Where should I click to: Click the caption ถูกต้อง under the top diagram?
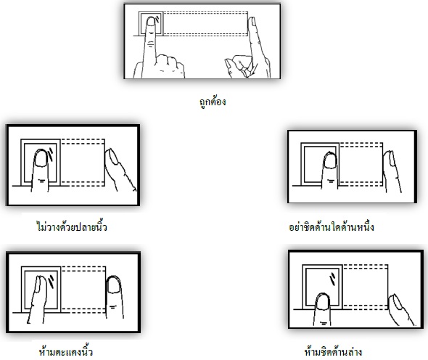[x=213, y=102]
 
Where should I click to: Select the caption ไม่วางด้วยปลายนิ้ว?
[x=72, y=226]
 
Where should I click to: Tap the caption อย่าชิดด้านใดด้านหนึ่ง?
[x=331, y=226]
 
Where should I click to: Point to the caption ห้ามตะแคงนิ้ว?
[x=66, y=351]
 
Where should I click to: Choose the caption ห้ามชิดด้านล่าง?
[x=333, y=351]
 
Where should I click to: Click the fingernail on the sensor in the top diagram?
[x=151, y=21]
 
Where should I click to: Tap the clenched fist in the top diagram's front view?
[x=169, y=66]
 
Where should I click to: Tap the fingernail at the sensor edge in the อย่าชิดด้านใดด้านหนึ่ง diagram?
[x=330, y=160]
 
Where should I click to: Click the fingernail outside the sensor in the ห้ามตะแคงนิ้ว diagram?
[x=113, y=285]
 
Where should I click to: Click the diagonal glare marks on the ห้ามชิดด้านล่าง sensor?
[x=333, y=279]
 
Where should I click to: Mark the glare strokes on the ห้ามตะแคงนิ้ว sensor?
[x=52, y=282]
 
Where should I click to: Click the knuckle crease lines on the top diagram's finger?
[x=150, y=44]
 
